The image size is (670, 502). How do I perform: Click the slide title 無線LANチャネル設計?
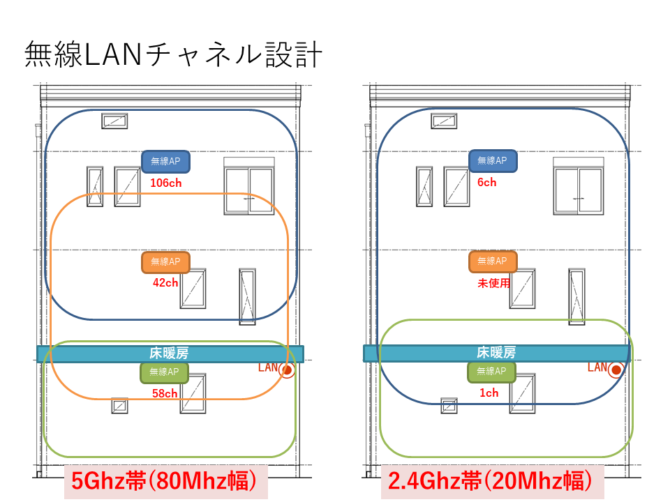coord(174,55)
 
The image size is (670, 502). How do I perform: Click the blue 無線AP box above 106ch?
coord(165,161)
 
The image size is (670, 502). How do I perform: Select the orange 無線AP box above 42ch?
coord(165,262)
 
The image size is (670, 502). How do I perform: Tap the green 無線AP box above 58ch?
coord(165,372)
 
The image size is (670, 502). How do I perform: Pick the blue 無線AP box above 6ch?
coord(493,161)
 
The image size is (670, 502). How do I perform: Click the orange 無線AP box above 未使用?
coord(493,261)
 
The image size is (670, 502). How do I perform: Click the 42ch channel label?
coord(165,283)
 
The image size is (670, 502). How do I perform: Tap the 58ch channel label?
coord(165,393)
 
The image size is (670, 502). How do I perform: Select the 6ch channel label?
coord(486,183)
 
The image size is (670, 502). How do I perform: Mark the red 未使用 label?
coord(493,283)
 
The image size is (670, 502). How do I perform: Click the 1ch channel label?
coord(489,393)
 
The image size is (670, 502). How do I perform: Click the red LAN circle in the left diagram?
coord(287,371)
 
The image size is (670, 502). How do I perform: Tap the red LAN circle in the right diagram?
coord(615,371)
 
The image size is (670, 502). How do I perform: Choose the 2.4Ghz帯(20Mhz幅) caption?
coord(491,481)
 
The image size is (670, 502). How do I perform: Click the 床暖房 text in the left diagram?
coord(170,353)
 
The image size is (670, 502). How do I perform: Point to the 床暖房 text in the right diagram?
coord(496,353)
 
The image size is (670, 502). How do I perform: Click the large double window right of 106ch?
coord(249,186)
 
